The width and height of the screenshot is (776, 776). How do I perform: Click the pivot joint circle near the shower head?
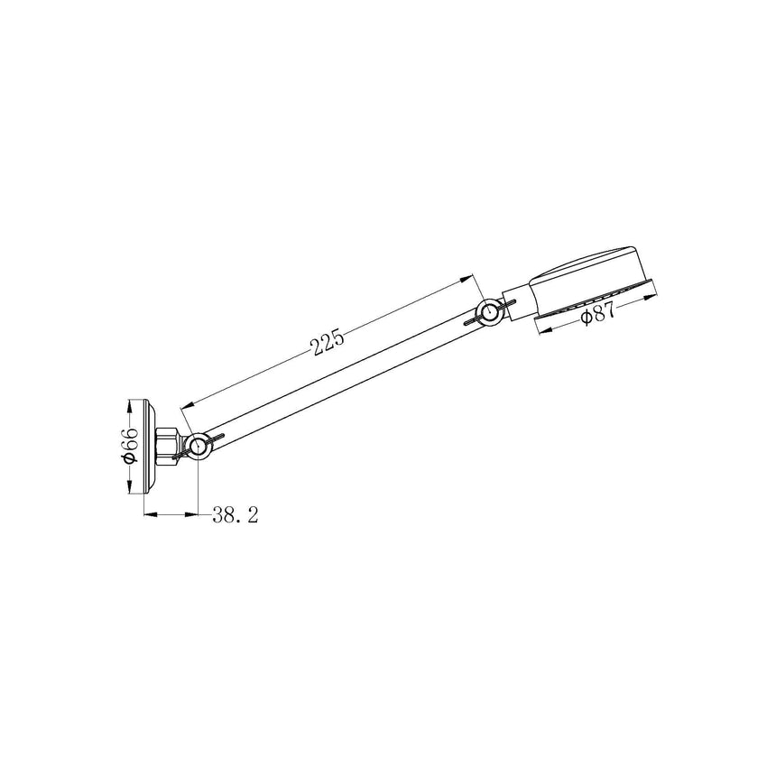click(490, 312)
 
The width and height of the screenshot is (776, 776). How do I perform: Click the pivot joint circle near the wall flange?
click(200, 444)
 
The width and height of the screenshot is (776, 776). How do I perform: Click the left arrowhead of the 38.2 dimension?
click(148, 515)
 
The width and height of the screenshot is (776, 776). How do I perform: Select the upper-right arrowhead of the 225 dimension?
click(471, 275)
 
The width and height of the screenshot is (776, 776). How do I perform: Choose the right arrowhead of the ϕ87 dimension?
click(658, 292)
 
